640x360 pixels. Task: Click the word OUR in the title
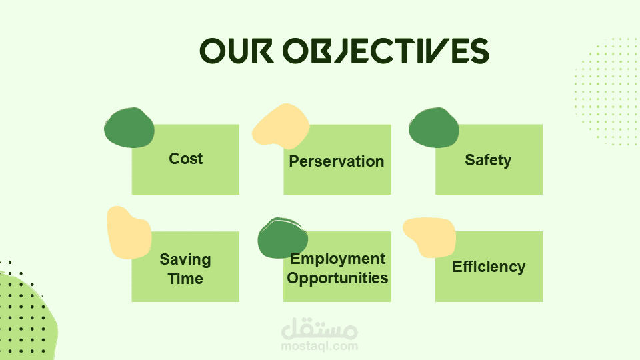click(x=237, y=51)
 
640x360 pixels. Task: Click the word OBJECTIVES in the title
click(x=386, y=51)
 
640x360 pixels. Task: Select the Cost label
click(x=186, y=159)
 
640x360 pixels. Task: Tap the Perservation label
click(x=337, y=161)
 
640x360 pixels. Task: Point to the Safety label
click(x=488, y=160)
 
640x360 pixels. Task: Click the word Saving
click(x=185, y=260)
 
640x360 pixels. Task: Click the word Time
click(x=185, y=279)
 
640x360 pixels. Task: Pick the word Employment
click(x=337, y=259)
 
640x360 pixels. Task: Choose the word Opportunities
click(x=337, y=278)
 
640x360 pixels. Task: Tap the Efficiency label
click(x=489, y=267)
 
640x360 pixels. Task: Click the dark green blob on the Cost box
click(x=129, y=128)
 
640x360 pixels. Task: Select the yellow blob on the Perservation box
click(x=281, y=127)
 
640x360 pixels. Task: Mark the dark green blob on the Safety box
click(x=434, y=128)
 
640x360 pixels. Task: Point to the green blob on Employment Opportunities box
click(x=283, y=238)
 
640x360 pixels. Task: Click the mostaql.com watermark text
click(x=319, y=347)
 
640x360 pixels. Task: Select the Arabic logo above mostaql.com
click(x=319, y=329)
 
